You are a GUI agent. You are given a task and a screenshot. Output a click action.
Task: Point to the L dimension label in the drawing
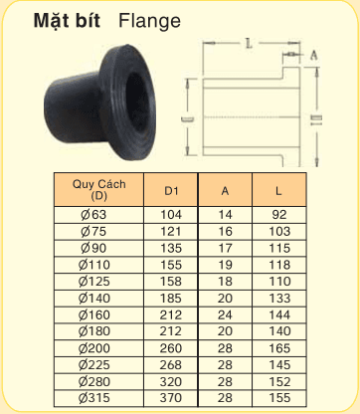[245, 43]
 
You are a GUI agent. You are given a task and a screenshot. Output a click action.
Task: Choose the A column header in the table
[226, 189]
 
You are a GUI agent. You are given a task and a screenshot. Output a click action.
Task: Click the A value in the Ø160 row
[226, 313]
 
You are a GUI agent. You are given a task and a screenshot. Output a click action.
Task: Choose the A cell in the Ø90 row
[226, 247]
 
